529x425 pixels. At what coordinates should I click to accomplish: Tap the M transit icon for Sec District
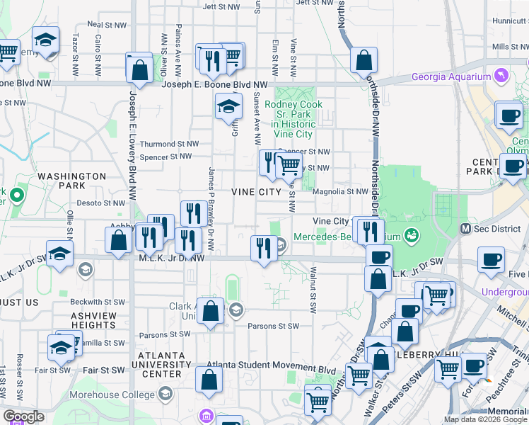(x=466, y=228)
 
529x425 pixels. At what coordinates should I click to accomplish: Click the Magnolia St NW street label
(x=344, y=191)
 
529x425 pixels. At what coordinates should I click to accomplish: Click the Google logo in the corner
(x=23, y=417)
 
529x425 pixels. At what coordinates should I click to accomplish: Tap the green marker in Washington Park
(x=17, y=193)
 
